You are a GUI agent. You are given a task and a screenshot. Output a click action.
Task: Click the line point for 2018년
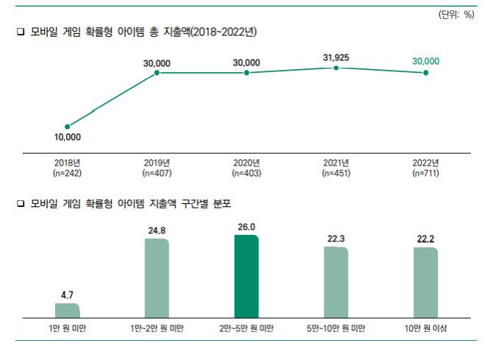coord(67,127)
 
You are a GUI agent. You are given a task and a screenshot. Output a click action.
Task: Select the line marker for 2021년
coord(336,68)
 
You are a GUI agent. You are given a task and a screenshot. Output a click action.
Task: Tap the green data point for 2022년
coord(425,73)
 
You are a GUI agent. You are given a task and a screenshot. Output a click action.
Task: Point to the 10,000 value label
coord(67,138)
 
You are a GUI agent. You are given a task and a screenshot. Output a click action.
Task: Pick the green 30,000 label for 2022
coord(425,61)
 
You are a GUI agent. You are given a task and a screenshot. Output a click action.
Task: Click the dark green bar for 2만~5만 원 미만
coord(246,277)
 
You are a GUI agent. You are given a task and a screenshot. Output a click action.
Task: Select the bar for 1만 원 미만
coord(67,311)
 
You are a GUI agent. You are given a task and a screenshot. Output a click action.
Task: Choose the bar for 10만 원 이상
coord(425,283)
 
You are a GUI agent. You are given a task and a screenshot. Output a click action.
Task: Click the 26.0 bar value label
coord(246,228)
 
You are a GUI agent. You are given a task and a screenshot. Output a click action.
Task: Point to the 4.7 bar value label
coord(67,294)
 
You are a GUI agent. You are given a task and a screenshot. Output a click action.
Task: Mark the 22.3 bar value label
coord(336,239)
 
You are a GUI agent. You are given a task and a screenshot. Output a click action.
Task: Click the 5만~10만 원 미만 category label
coord(336,328)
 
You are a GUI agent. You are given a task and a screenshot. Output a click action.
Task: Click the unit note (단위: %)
coord(458,15)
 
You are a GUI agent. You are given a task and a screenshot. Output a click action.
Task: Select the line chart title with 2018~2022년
coord(141,32)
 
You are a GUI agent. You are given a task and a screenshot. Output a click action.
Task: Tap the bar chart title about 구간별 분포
coord(133,202)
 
